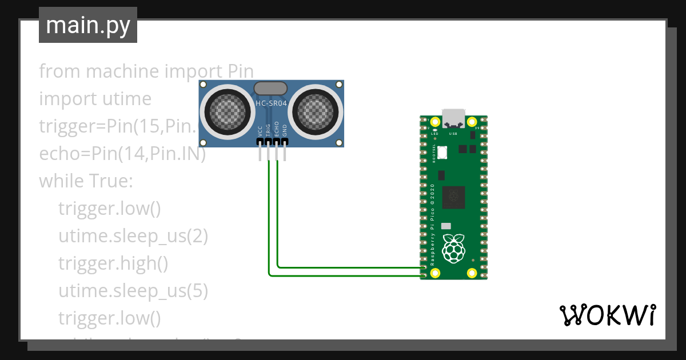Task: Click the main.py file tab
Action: tap(87, 25)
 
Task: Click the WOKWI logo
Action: tap(607, 315)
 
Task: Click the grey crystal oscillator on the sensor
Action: tap(270, 88)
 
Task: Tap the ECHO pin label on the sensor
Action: tap(277, 129)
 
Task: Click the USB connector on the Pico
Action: tap(454, 118)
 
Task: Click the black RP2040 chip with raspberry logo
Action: tap(454, 197)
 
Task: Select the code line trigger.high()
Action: tap(113, 263)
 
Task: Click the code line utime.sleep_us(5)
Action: tap(133, 290)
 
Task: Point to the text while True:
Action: tap(86, 181)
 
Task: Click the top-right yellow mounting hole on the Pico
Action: tap(472, 122)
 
